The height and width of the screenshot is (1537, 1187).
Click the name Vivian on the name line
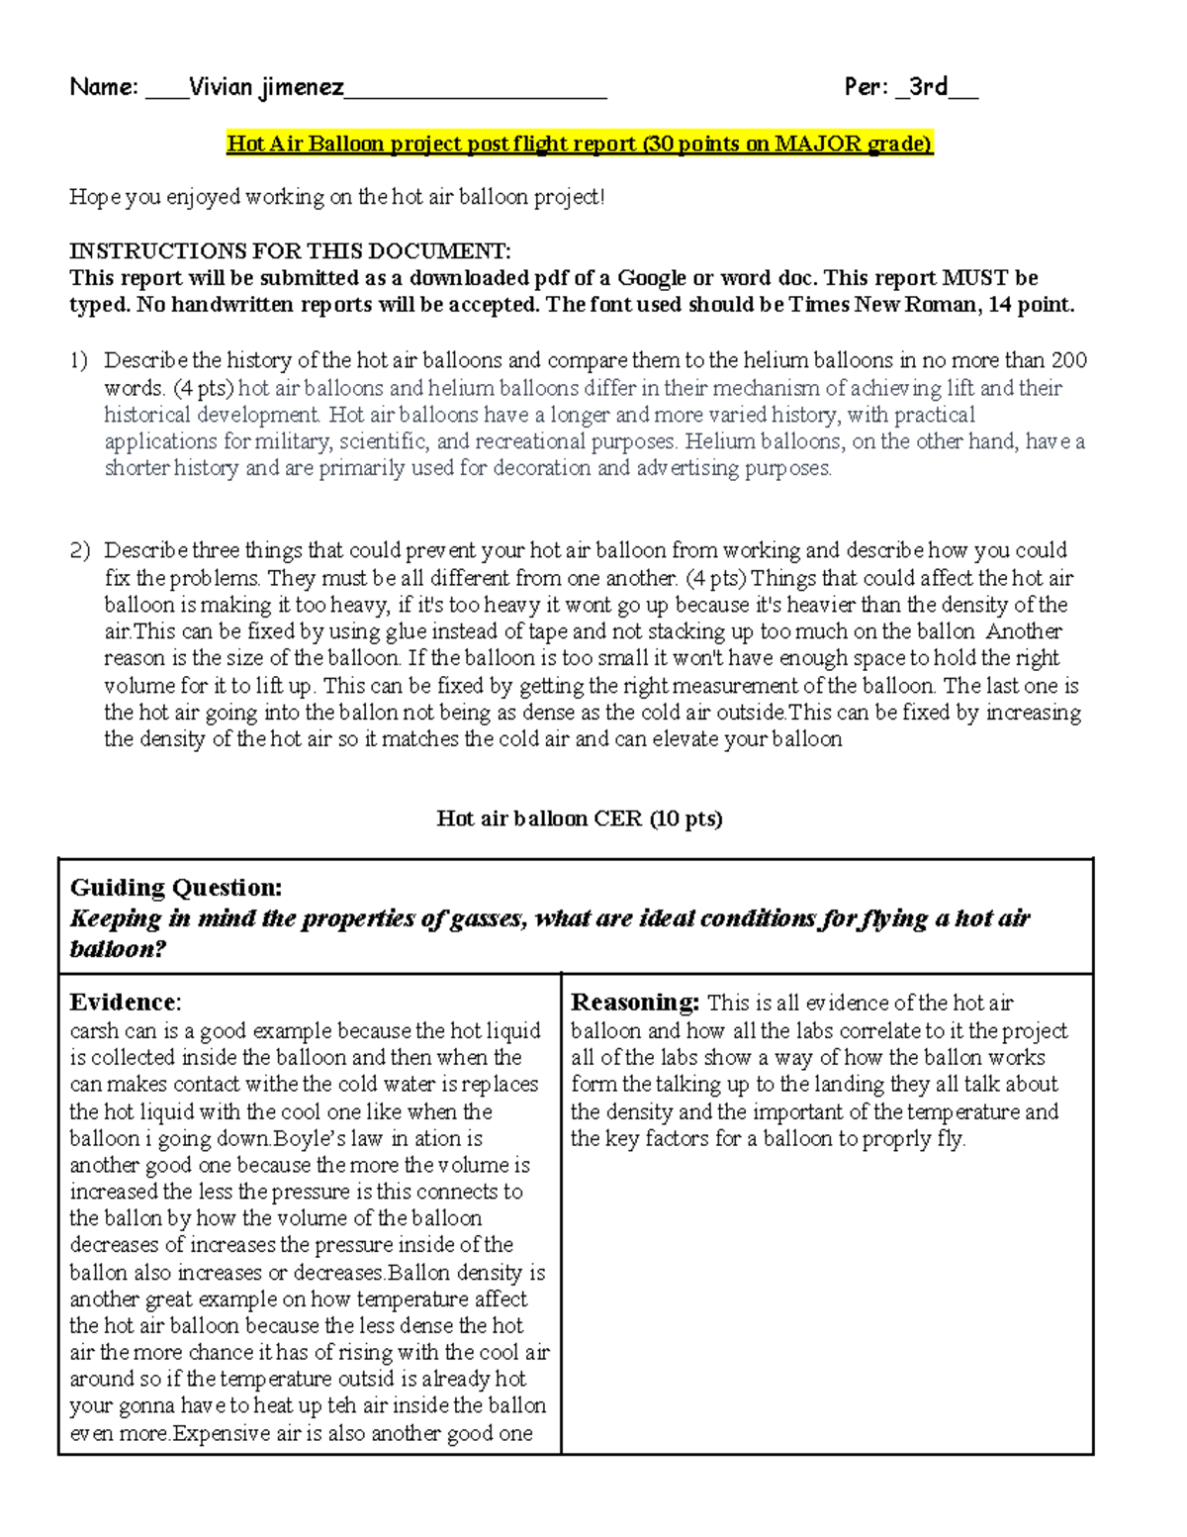click(221, 87)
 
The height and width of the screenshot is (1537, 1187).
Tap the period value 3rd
click(929, 87)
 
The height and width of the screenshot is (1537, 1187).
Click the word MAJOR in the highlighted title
click(817, 144)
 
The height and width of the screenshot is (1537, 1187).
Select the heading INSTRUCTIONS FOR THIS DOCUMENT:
click(290, 251)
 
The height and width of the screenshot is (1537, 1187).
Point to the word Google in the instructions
click(658, 278)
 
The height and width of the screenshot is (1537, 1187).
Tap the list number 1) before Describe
click(79, 361)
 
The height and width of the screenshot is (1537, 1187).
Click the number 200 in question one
click(1068, 361)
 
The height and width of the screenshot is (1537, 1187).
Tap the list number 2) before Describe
click(79, 551)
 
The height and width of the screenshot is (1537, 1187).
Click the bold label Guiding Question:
click(176, 888)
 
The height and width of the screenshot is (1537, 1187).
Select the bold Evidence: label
click(126, 1003)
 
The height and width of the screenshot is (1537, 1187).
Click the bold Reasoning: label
click(635, 1003)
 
